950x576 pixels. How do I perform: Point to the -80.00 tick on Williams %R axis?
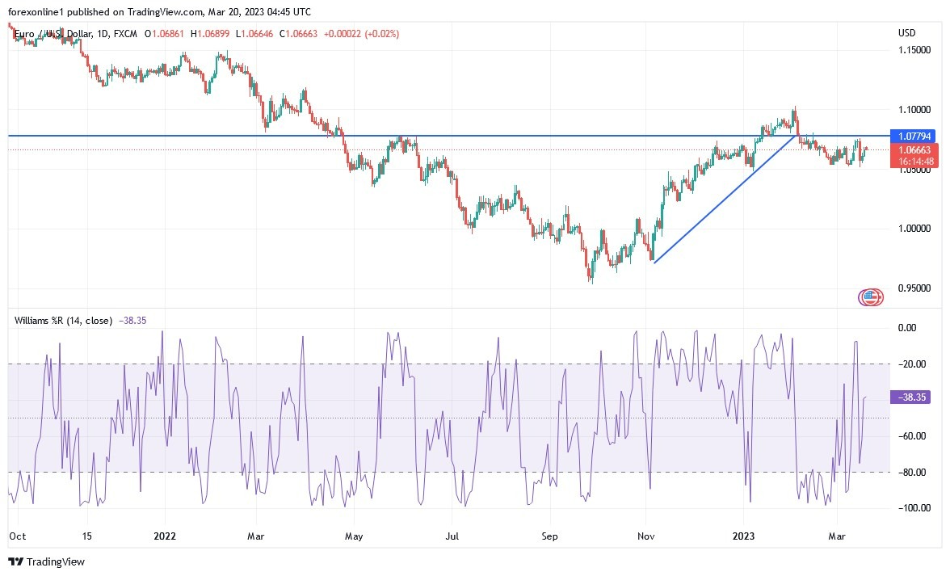[x=912, y=472]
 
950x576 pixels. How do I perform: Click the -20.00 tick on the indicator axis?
[x=912, y=364]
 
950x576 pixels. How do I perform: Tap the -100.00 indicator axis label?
[x=912, y=508]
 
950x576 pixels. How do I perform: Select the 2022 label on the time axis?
[x=164, y=535]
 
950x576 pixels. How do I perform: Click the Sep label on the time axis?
[x=549, y=535]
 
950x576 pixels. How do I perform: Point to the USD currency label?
[x=906, y=33]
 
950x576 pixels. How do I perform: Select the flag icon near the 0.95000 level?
[x=870, y=297]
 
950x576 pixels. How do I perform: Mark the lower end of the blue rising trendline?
[x=654, y=263]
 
